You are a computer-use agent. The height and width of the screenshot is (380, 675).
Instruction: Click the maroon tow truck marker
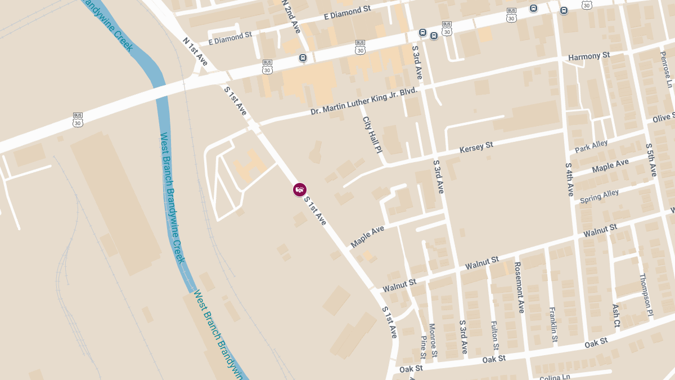click(x=300, y=190)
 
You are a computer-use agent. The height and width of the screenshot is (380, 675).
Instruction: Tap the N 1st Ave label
click(x=195, y=51)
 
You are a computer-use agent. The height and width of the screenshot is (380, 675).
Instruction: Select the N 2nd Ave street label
click(x=291, y=16)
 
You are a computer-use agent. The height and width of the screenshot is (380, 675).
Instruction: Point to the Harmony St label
click(x=589, y=56)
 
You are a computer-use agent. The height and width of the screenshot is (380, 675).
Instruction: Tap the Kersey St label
click(x=476, y=147)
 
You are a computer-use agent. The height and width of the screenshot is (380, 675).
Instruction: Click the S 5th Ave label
click(x=651, y=160)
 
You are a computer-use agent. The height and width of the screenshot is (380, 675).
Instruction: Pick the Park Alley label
click(x=591, y=146)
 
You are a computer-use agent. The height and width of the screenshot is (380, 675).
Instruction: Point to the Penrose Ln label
click(x=667, y=68)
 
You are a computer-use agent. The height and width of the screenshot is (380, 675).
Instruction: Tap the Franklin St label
click(x=553, y=325)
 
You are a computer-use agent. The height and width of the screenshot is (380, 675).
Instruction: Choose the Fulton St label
click(x=494, y=336)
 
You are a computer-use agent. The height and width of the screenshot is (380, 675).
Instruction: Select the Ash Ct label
click(x=616, y=316)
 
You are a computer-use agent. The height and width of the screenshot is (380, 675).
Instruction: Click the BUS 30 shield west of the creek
click(x=78, y=120)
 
